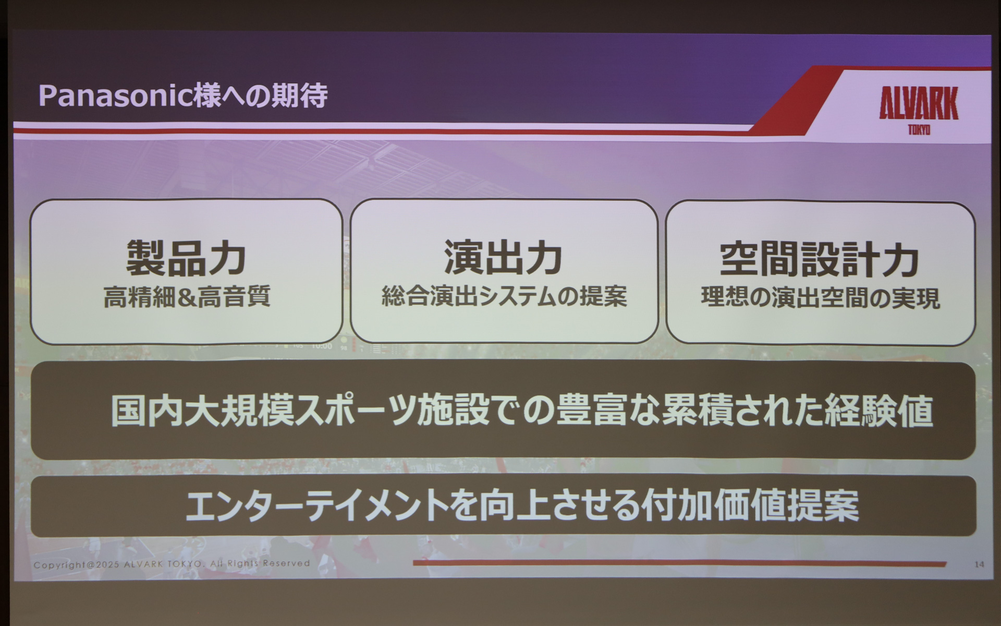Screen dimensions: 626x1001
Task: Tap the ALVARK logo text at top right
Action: [918, 103]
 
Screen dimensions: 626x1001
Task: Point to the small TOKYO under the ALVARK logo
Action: [919, 129]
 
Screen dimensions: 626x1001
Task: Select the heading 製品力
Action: [186, 258]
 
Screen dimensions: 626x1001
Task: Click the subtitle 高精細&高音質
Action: [187, 297]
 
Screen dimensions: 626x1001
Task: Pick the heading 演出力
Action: [503, 258]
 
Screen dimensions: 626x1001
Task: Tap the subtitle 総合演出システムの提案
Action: [504, 297]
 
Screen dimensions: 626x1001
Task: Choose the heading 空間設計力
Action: [819, 259]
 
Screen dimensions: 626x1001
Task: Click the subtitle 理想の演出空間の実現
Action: [820, 298]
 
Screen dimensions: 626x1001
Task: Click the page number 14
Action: [979, 564]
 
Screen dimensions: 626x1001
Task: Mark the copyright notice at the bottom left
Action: [172, 564]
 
